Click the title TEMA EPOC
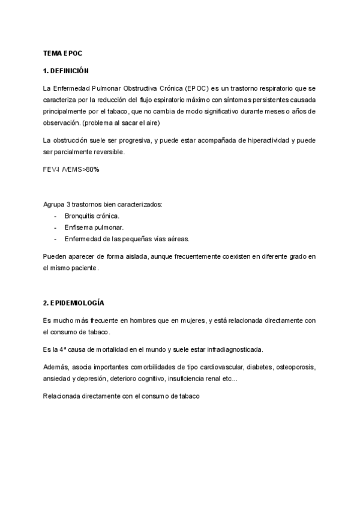pyautogui.click(x=62, y=53)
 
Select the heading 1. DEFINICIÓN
pyautogui.click(x=66, y=70)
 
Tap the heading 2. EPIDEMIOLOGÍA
pyautogui.click(x=74, y=303)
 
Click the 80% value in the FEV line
pyautogui.click(x=92, y=169)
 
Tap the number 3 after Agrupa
pyautogui.click(x=69, y=205)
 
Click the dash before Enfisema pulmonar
pyautogui.click(x=56, y=227)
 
